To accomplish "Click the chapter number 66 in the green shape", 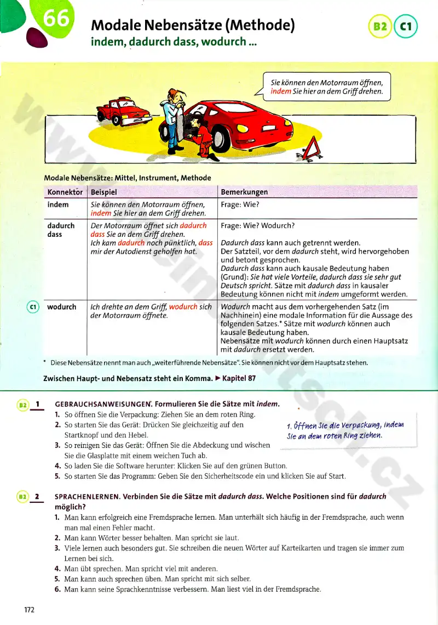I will click(x=56, y=19).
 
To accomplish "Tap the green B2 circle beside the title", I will click(x=381, y=26).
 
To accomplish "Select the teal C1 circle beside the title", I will click(x=406, y=26).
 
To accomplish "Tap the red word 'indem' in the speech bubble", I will click(x=281, y=92).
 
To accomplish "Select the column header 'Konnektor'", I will click(x=65, y=192).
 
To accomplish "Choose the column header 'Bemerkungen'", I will click(x=244, y=192).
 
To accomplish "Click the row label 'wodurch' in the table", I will click(x=62, y=306).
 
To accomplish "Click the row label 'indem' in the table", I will click(x=58, y=204).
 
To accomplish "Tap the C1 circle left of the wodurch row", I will click(x=32, y=307).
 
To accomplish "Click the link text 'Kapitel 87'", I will click(x=239, y=378).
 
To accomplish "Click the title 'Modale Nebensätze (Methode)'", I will click(x=193, y=25).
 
